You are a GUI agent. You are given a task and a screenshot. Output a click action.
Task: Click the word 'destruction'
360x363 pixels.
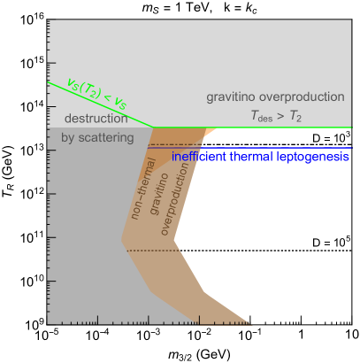point(96,119)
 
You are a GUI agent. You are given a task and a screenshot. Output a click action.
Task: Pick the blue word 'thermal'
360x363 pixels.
point(256,157)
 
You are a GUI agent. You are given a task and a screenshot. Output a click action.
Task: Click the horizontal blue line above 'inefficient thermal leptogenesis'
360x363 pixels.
point(265,148)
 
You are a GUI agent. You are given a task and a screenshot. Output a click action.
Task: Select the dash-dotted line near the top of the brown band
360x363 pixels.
point(172,144)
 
